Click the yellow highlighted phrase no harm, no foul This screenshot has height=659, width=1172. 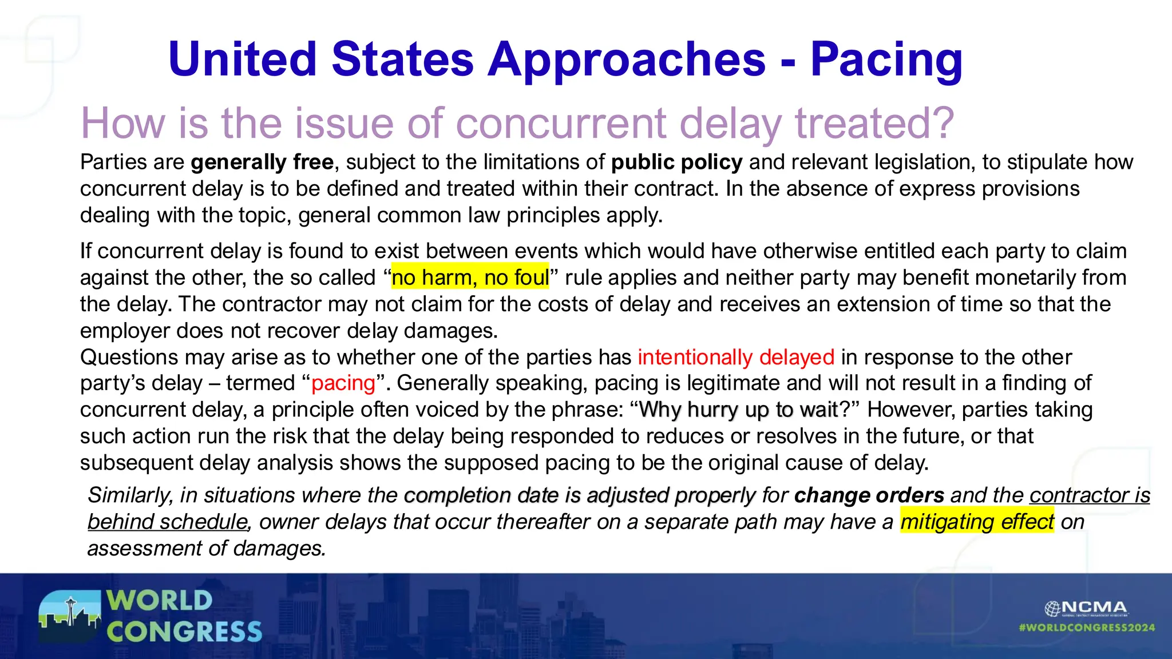click(470, 277)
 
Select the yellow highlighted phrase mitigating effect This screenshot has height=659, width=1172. click(976, 522)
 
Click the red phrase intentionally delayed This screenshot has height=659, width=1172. click(736, 357)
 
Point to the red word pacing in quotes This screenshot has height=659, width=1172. click(343, 383)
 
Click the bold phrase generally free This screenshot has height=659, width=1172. click(262, 162)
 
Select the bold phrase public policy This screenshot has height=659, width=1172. click(676, 162)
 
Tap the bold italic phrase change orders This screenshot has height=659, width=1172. click(869, 495)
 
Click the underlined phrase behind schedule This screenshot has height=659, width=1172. click(167, 522)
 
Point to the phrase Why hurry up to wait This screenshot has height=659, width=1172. click(738, 410)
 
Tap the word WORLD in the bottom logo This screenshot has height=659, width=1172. click(159, 601)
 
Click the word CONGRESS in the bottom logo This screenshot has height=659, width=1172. click(184, 632)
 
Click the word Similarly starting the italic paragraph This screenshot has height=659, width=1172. click(130, 495)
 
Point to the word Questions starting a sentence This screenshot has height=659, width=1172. click(129, 357)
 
